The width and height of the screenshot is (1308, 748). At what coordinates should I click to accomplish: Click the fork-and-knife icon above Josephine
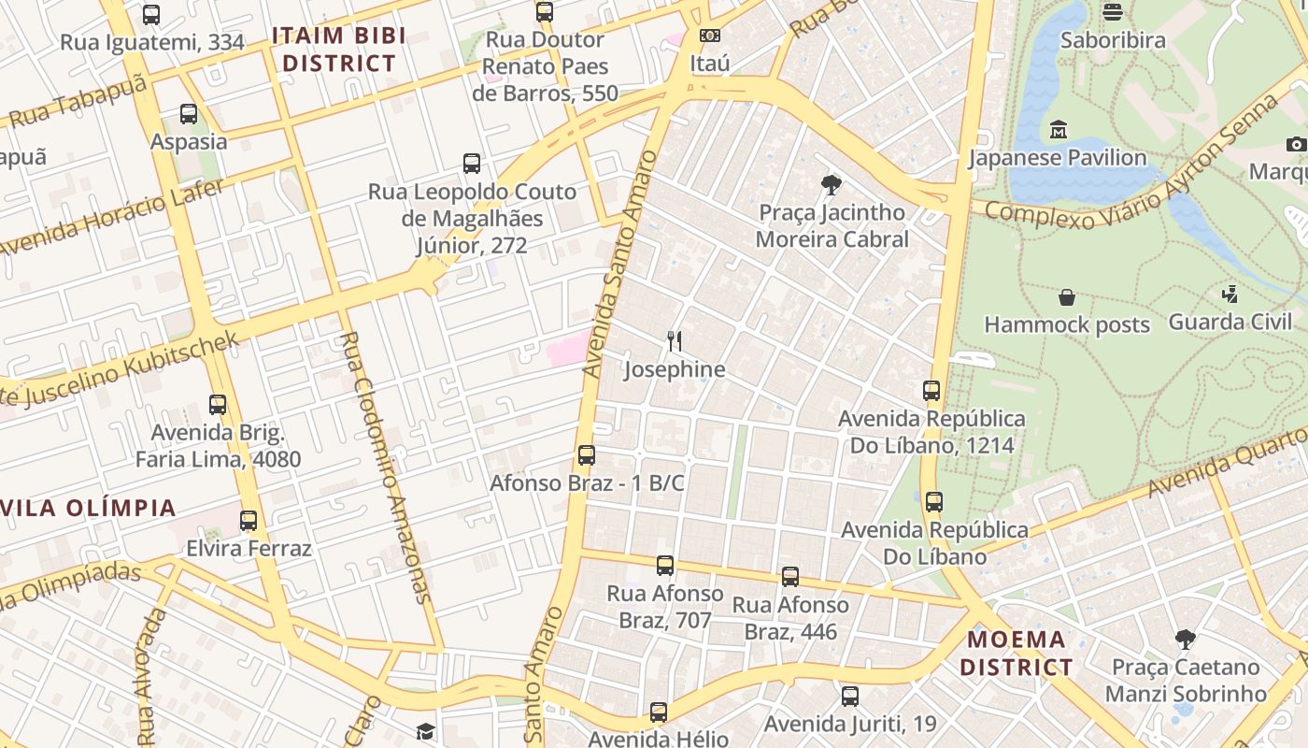(675, 341)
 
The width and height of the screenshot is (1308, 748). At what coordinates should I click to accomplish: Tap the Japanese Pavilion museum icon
(1059, 129)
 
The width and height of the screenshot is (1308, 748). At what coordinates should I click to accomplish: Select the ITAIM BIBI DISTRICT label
(338, 50)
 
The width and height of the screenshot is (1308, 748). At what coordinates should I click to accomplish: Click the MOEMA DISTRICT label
(1016, 654)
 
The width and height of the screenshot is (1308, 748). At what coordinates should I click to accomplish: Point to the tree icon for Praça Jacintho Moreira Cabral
(831, 185)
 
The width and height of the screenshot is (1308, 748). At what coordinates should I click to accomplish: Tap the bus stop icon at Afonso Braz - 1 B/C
(587, 455)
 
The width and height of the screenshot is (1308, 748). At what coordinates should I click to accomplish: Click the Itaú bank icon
(709, 36)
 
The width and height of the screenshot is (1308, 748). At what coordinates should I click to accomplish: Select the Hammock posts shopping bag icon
(1067, 297)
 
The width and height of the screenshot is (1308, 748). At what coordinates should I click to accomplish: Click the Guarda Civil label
(1230, 322)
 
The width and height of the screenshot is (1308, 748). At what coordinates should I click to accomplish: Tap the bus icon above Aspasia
(189, 114)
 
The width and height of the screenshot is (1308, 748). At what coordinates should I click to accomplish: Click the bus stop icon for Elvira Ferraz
(249, 520)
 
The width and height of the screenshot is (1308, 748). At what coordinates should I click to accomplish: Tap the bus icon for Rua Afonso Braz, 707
(665, 566)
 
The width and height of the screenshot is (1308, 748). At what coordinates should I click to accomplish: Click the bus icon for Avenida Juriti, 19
(849, 696)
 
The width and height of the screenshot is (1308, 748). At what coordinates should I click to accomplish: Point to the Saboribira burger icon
(1112, 12)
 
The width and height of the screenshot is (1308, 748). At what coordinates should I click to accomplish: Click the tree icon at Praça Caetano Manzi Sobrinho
(1185, 640)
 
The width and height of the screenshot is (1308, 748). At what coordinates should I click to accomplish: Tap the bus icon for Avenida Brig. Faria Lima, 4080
(218, 405)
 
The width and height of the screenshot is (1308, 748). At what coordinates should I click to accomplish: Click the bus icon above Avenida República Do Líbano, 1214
(931, 391)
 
